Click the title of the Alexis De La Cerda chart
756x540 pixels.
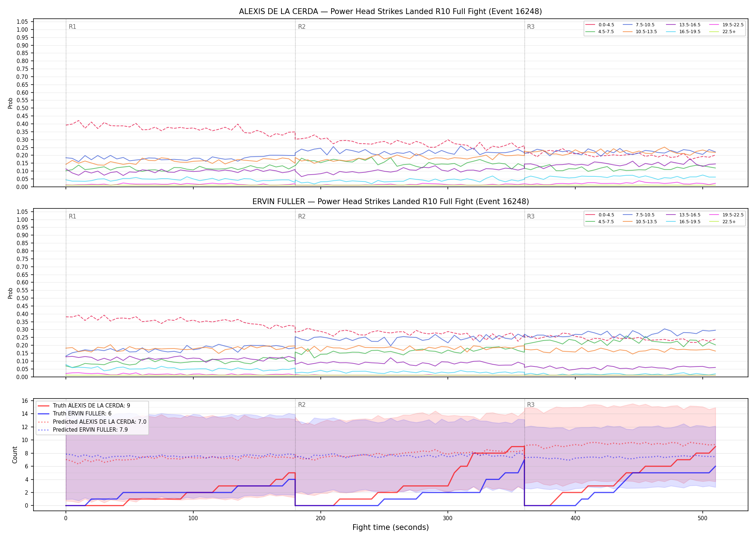[x=390, y=12]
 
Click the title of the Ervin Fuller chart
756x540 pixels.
[x=390, y=202]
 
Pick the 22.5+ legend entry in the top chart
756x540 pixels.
[x=722, y=32]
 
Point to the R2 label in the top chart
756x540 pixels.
[x=302, y=27]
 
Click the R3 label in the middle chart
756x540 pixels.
[x=531, y=216]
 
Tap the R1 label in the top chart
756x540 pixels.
[x=72, y=27]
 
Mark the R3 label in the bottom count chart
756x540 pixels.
[x=531, y=405]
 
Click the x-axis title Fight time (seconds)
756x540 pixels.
[x=391, y=527]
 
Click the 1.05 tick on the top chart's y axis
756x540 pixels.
[x=22, y=22]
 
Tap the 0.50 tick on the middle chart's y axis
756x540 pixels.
[x=22, y=298]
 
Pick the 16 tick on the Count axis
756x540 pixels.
[x=25, y=401]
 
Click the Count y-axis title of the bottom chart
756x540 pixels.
[x=15, y=455]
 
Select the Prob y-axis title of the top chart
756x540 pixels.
[x=10, y=103]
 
